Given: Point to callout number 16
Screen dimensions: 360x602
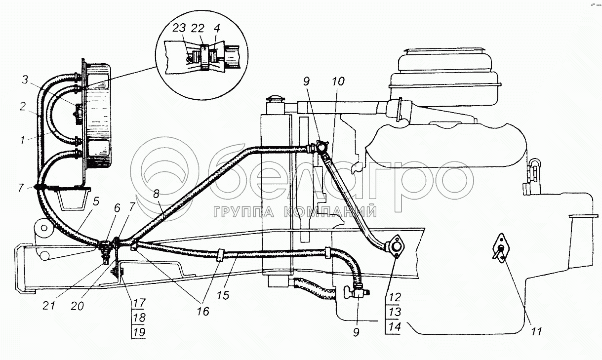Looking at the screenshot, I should point(203,311).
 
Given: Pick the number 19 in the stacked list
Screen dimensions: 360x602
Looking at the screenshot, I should point(140,332).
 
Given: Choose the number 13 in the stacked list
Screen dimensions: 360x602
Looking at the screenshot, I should point(395,312).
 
